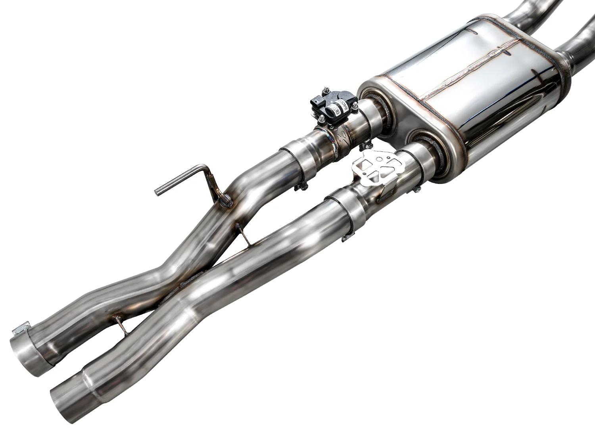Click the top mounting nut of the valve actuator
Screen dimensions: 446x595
(326, 90)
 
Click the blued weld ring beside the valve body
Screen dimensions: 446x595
(330, 141)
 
